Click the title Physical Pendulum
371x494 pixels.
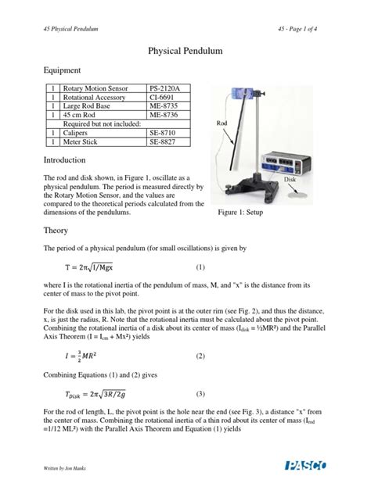tap(185, 50)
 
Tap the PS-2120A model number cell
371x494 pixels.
tap(165, 90)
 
